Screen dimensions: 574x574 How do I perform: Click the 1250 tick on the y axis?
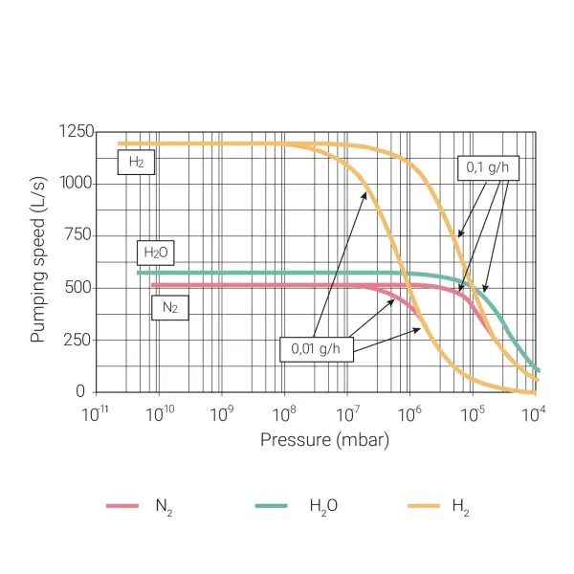[76, 132]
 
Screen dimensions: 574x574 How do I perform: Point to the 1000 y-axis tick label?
[76, 184]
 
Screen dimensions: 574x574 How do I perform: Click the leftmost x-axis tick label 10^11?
[96, 414]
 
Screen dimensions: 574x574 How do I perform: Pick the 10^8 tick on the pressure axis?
[284, 414]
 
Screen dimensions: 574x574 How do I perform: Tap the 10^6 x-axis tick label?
[410, 414]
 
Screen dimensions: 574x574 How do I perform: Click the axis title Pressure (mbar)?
[324, 440]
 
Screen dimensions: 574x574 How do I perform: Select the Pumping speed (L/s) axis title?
[38, 260]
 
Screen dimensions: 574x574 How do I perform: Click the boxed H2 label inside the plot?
[137, 163]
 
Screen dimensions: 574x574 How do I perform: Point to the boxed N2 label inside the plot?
[169, 307]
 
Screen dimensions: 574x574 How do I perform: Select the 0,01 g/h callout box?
[316, 349]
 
